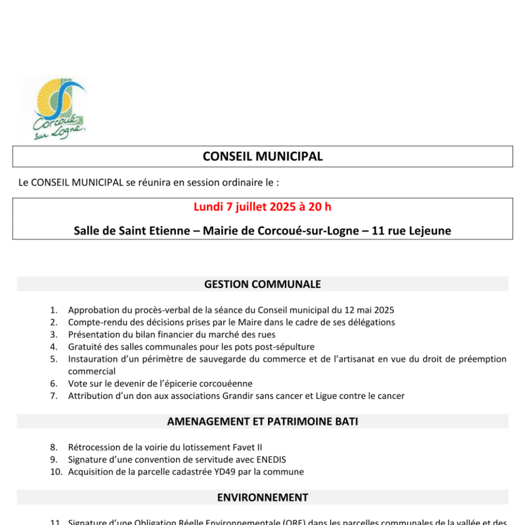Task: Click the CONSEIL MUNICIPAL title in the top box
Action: click(x=262, y=156)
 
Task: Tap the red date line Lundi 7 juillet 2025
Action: click(x=262, y=207)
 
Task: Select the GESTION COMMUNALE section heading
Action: click(x=262, y=284)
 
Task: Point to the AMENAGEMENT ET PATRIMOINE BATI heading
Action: click(x=262, y=421)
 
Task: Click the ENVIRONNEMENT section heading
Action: click(x=262, y=497)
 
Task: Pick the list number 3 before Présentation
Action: click(x=54, y=335)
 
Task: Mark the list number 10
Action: click(x=56, y=472)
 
